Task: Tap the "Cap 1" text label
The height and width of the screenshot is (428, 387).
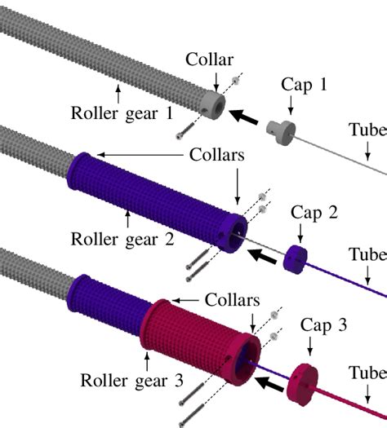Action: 304,85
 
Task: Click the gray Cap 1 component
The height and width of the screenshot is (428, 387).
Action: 282,129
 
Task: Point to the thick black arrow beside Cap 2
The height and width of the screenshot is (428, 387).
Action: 262,255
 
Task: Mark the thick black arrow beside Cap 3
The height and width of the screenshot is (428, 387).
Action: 272,384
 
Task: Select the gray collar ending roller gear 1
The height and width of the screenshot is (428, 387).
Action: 212,104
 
